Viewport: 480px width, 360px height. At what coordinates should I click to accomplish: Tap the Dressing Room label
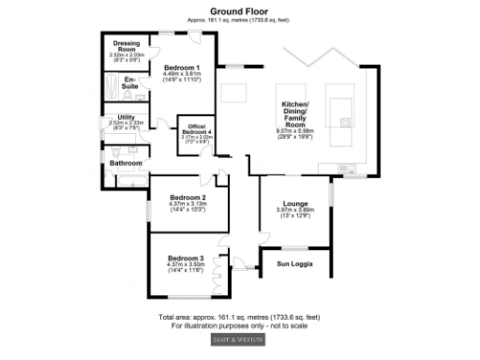(127, 46)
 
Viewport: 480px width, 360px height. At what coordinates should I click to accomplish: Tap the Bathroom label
(127, 163)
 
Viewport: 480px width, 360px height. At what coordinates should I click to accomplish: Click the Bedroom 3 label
(185, 258)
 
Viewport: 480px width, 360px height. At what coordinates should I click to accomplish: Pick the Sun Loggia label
(296, 264)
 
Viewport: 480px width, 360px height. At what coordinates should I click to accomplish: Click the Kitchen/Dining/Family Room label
(296, 115)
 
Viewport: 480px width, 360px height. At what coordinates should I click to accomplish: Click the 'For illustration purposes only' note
(239, 326)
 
